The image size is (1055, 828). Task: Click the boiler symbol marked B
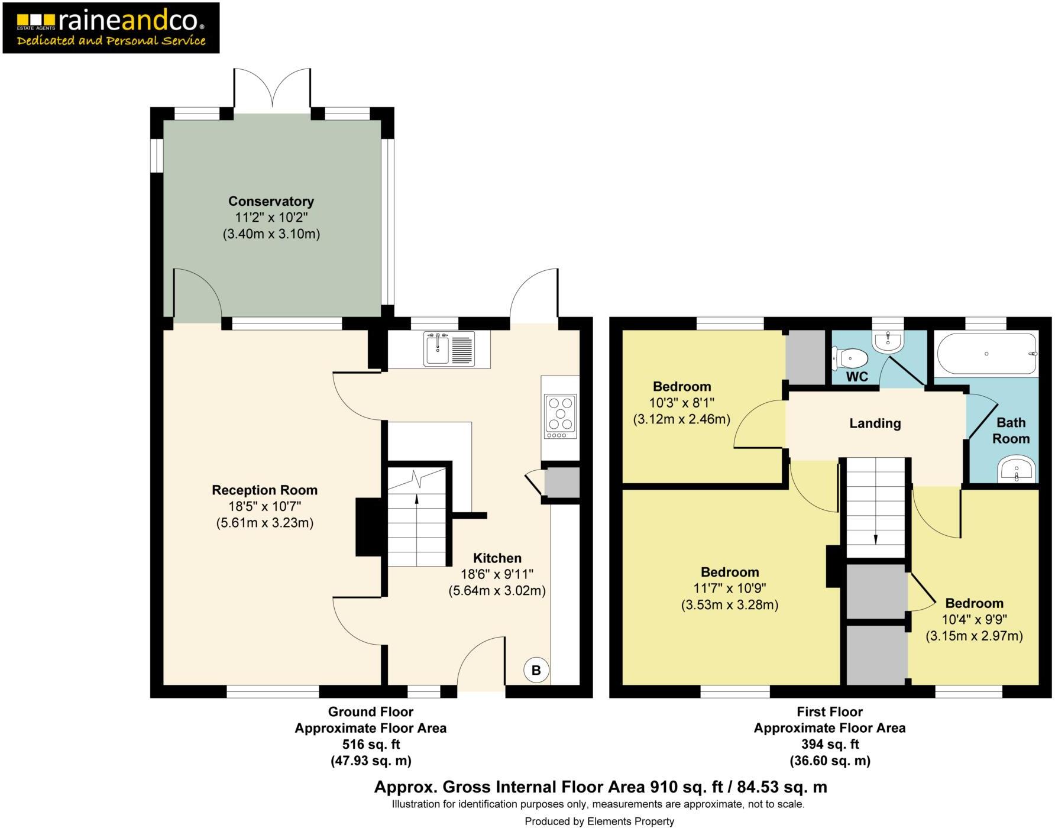coord(536,670)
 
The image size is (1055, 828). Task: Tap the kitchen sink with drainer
coord(449,349)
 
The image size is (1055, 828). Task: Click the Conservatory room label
coord(271,201)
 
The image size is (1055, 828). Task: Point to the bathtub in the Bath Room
coord(986,354)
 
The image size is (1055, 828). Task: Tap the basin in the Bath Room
coord(1017,471)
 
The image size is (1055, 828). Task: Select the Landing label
coord(875,423)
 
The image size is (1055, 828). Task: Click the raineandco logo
coord(111,28)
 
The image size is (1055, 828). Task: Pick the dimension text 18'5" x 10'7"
coord(264,506)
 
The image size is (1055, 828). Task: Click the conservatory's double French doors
coord(272,89)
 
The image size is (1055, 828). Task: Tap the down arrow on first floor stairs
coord(875,538)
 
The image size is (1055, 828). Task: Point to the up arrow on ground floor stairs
coord(417,500)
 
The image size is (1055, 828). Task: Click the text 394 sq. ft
coord(829,744)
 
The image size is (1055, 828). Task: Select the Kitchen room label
coord(497,558)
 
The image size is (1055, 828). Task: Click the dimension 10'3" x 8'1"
coord(681,403)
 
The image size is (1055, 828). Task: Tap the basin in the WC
coord(888,342)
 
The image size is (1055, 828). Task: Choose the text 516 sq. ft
coord(371,744)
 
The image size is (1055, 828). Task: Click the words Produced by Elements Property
coord(599,821)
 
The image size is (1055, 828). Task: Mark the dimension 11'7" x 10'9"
coord(729,588)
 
